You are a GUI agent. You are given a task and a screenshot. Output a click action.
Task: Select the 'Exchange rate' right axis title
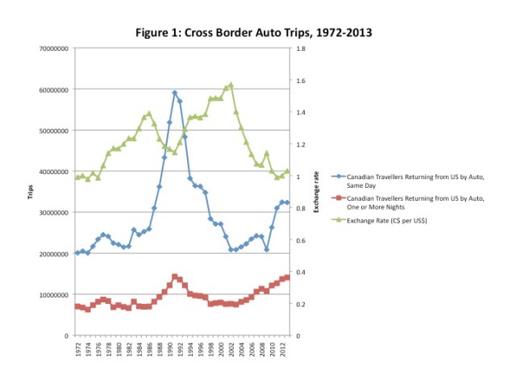click(x=316, y=193)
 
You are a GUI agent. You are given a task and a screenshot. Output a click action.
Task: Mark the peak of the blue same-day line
click(x=174, y=93)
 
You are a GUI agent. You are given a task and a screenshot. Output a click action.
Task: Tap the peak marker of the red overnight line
click(x=174, y=277)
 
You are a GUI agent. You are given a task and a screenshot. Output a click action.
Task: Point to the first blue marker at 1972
click(x=77, y=252)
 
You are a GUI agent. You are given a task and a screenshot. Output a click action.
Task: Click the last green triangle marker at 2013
click(x=286, y=171)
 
